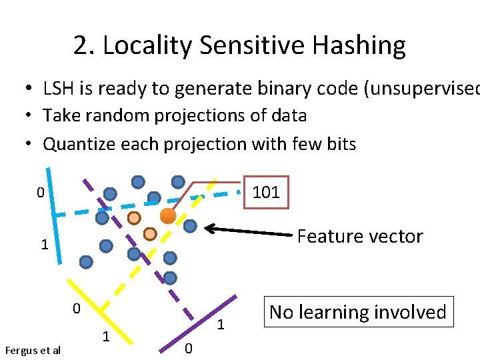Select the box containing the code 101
coord(266,193)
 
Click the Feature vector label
coord(359,237)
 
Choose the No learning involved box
coord(357,312)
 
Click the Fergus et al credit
coord(33,350)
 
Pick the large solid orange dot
coord(168,215)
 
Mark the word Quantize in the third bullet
coord(74,144)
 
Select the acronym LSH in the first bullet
coord(58,88)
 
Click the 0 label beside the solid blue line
coord(41,193)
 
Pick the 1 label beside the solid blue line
coord(44,245)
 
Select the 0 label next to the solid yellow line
coord(76,309)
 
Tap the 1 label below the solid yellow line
coord(105,335)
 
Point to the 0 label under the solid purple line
coord(188,347)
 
